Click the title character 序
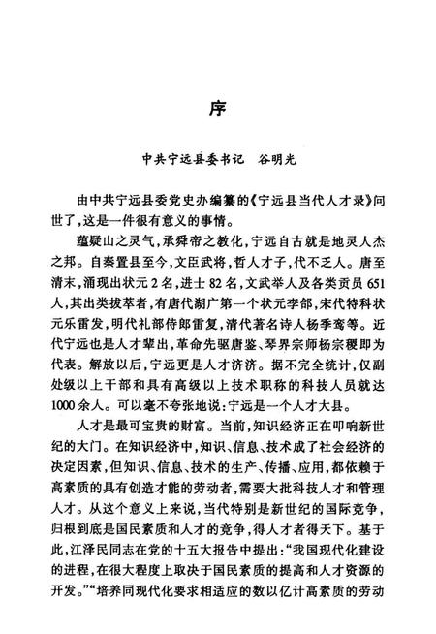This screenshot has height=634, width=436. pyautogui.click(x=219, y=106)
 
